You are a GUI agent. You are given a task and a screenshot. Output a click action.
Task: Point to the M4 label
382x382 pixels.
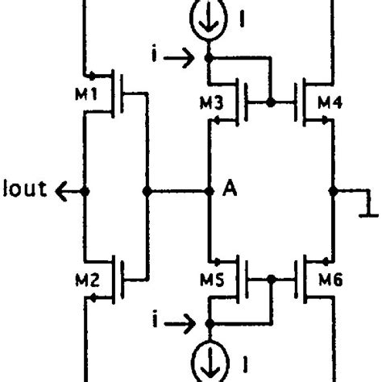click(x=330, y=103)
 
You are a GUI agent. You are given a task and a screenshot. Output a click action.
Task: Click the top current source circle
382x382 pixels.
click(x=210, y=19)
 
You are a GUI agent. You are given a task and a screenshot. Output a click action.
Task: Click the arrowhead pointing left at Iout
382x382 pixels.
click(x=60, y=192)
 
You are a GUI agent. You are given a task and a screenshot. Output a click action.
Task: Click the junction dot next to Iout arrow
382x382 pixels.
click(x=85, y=192)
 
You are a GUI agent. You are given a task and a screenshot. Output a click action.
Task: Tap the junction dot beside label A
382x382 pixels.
click(x=210, y=192)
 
